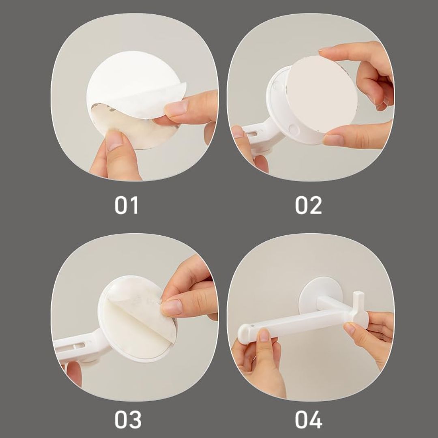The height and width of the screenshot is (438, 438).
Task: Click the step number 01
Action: point(126,205)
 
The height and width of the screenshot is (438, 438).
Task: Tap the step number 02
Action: point(308,205)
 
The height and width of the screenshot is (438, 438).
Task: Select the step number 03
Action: point(128,419)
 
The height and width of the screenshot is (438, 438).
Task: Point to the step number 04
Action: point(309,419)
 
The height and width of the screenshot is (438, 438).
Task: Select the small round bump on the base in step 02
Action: point(294,129)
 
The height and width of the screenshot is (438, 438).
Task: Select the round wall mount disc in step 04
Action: point(320,296)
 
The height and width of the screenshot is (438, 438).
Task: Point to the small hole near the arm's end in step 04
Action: point(253,326)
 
